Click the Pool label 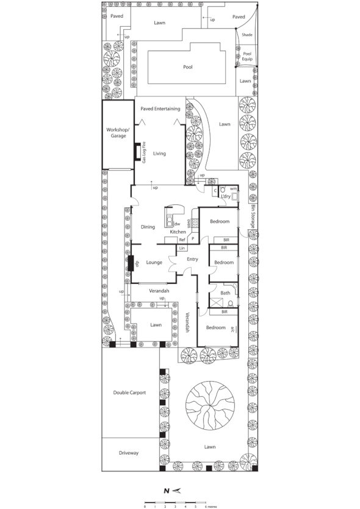[x=188, y=67]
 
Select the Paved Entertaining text [x=160, y=109]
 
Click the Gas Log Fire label [x=144, y=154]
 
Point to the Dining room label [x=148, y=227]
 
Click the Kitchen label [x=178, y=232]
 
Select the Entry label [x=193, y=259]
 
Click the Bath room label [x=225, y=293]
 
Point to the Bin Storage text [x=253, y=218]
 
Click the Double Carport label [x=129, y=393]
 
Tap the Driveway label [x=129, y=453]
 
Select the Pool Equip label [x=247, y=56]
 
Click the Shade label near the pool [x=247, y=35]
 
